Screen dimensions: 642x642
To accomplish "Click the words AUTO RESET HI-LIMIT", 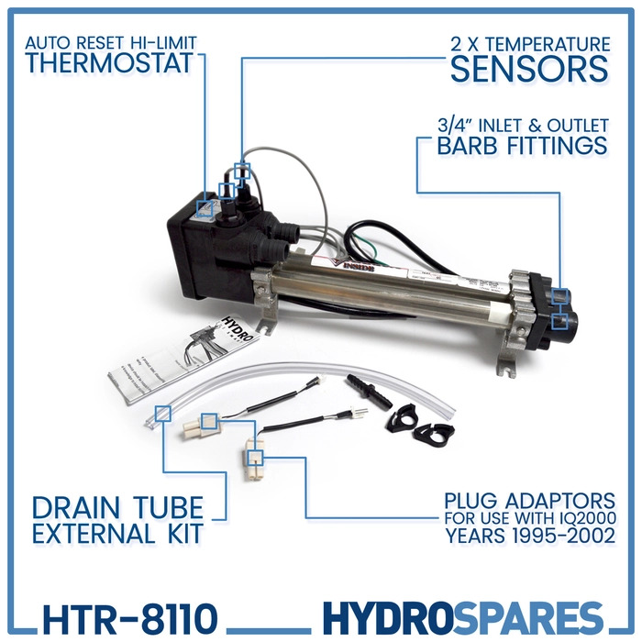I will point(112,42).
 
